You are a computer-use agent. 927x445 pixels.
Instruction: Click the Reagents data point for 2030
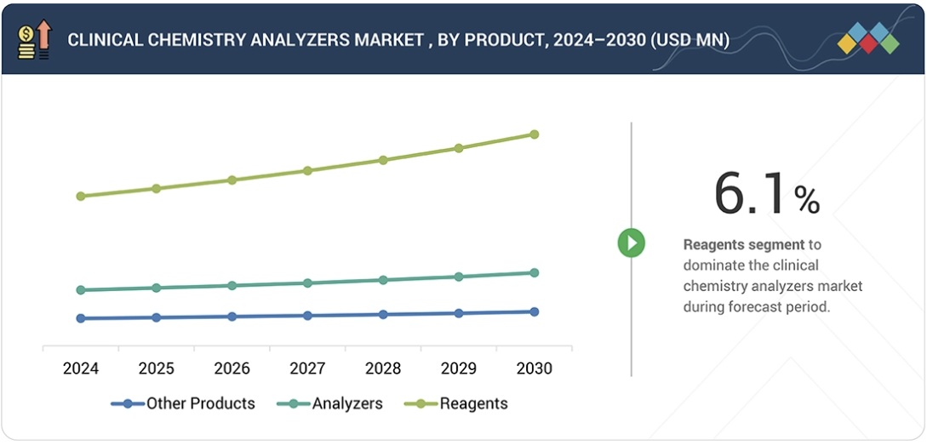tap(534, 134)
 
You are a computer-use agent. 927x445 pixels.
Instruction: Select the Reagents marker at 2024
tap(81, 197)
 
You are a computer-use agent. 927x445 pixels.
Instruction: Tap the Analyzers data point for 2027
tap(307, 283)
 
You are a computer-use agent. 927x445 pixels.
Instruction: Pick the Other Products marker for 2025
tap(156, 317)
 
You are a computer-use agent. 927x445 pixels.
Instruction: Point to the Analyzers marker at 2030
tap(534, 273)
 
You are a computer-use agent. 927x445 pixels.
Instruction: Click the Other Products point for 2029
tap(459, 313)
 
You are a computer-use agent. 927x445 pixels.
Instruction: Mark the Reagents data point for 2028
tap(383, 160)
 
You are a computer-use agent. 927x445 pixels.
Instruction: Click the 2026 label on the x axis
tap(232, 368)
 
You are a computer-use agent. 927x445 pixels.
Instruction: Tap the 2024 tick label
tap(81, 368)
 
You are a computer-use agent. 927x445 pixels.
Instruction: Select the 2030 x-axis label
tap(534, 368)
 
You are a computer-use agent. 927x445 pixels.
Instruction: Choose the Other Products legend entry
tap(183, 404)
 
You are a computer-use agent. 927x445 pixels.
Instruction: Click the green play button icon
tap(631, 243)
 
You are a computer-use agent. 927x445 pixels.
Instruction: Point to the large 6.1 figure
tap(751, 195)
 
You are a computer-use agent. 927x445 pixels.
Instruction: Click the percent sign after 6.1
tap(806, 201)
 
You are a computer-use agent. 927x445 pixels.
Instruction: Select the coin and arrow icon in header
tap(35, 40)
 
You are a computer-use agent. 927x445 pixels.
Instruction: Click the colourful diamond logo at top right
tap(867, 38)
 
